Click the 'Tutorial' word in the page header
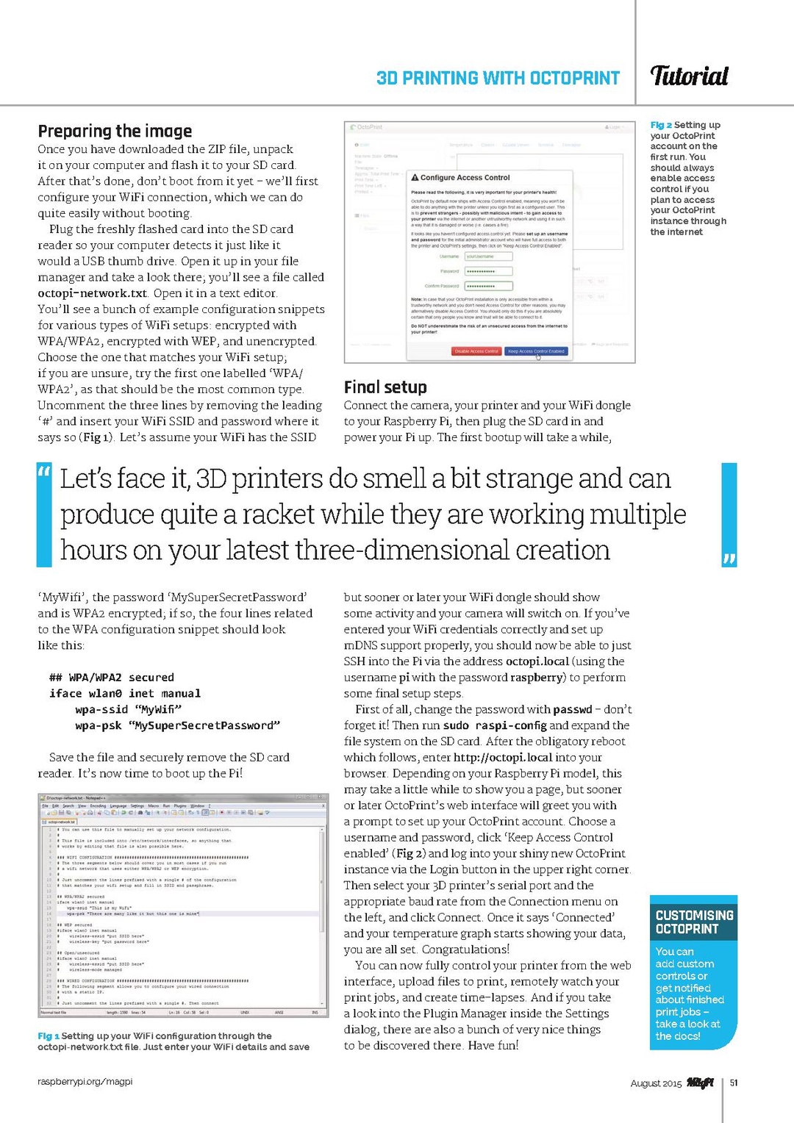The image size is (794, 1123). tap(689, 76)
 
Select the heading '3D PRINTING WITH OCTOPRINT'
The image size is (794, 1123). tap(498, 78)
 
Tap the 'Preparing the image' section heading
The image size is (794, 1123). tap(115, 131)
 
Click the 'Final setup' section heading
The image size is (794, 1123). tap(385, 387)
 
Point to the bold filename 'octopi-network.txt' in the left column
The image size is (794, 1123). tap(93, 293)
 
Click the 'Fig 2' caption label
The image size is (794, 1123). tap(661, 125)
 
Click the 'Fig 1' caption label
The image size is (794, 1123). tap(49, 1036)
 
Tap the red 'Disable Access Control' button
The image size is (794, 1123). tap(476, 351)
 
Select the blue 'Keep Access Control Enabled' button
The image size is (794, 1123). tap(536, 351)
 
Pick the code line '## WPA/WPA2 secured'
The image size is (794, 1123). tap(112, 678)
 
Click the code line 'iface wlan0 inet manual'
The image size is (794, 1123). tap(125, 694)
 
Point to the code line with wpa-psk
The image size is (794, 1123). tap(177, 725)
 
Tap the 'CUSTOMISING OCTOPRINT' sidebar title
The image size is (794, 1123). tap(694, 922)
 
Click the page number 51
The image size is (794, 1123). tap(734, 1083)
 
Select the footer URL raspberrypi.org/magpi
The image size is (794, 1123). tap(85, 1081)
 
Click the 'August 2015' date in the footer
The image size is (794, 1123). tap(656, 1083)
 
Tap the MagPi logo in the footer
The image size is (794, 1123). tap(700, 1082)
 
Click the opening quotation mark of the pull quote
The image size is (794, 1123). tap(44, 471)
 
